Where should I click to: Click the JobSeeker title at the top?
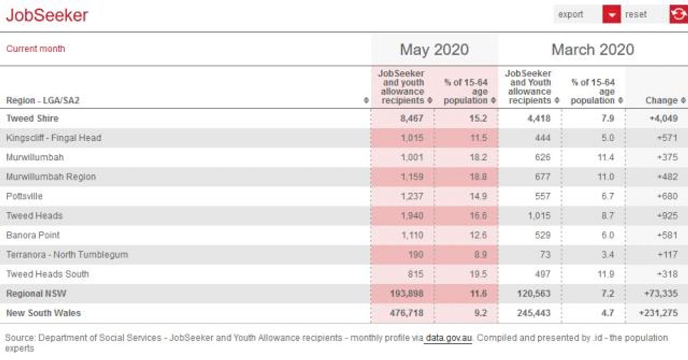tap(47, 15)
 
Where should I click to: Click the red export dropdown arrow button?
tap(612, 14)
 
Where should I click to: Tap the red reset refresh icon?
tap(679, 14)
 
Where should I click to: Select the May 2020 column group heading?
tap(435, 49)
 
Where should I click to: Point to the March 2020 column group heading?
tap(593, 49)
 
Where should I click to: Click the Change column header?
tap(662, 100)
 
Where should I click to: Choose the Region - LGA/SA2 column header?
tap(42, 100)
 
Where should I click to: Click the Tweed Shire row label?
tap(32, 118)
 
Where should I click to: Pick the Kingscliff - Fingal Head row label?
tap(54, 138)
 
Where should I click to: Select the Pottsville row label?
tap(24, 196)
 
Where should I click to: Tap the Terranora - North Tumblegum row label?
tap(67, 255)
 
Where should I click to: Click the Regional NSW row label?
tap(36, 294)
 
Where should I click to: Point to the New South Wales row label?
tap(44, 313)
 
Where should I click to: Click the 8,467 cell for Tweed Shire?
tap(412, 118)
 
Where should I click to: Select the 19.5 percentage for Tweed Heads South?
tap(478, 274)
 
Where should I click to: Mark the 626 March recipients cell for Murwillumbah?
tap(542, 157)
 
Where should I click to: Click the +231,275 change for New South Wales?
tap(658, 313)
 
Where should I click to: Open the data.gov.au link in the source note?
tap(448, 338)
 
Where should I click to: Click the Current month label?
tap(36, 49)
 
